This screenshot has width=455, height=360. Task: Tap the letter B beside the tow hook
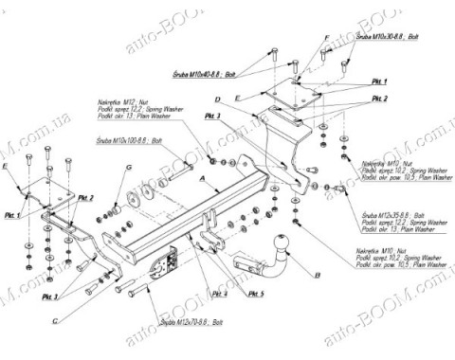click(x=318, y=274)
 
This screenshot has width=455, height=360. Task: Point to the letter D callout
click(x=217, y=99)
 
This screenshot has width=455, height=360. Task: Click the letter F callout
click(x=324, y=37)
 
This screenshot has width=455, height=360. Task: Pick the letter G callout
click(x=126, y=169)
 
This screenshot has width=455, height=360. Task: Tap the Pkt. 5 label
click(x=255, y=294)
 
